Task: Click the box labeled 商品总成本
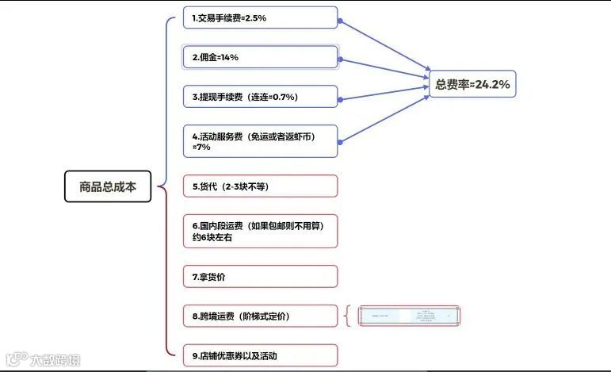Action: click(108, 187)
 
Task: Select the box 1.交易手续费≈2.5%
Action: click(260, 17)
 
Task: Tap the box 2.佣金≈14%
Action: click(260, 57)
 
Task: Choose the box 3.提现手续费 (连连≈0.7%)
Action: click(260, 97)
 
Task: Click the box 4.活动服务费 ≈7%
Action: click(260, 141)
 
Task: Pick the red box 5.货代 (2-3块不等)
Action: click(260, 186)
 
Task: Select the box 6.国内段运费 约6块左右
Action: click(260, 231)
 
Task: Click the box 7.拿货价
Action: click(260, 277)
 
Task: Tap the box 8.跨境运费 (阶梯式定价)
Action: click(260, 316)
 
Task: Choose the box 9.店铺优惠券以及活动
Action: click(260, 355)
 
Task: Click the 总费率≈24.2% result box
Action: click(472, 84)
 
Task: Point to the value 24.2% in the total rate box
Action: click(492, 84)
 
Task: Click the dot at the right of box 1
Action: click(339, 18)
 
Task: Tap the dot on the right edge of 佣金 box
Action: click(339, 59)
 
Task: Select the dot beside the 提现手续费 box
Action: click(339, 98)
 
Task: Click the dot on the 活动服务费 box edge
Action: click(339, 142)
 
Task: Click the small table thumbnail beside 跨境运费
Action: click(409, 316)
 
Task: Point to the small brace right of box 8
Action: click(348, 316)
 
